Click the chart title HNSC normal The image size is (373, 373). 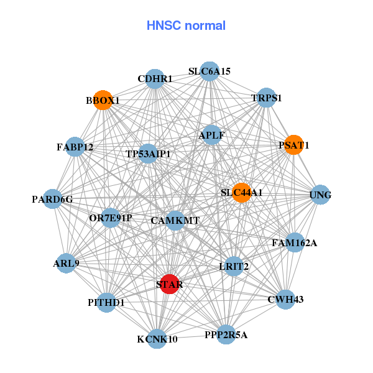tap(186, 25)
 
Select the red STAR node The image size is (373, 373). tap(170, 284)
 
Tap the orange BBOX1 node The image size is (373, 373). tap(103, 100)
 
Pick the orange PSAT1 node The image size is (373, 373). tap(293, 145)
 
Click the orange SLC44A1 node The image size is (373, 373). tap(242, 193)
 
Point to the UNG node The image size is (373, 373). tap(320, 195)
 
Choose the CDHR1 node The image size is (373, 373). tap(155, 78)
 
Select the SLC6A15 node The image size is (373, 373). tap(210, 71)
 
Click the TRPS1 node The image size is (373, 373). tap(267, 98)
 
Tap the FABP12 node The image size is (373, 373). tap(75, 147)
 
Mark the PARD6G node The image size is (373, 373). tap(53, 199)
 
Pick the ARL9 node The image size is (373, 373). tap(67, 263)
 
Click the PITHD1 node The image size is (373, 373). tap(106, 303)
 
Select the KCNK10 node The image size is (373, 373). tap(157, 339)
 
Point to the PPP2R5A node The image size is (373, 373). tap(226, 334)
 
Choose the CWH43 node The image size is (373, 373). tap(285, 300)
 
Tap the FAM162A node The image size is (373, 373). tap(294, 242)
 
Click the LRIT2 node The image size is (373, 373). tap(234, 266)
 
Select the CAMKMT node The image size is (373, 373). tap(175, 220)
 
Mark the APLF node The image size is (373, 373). tap(212, 135)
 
